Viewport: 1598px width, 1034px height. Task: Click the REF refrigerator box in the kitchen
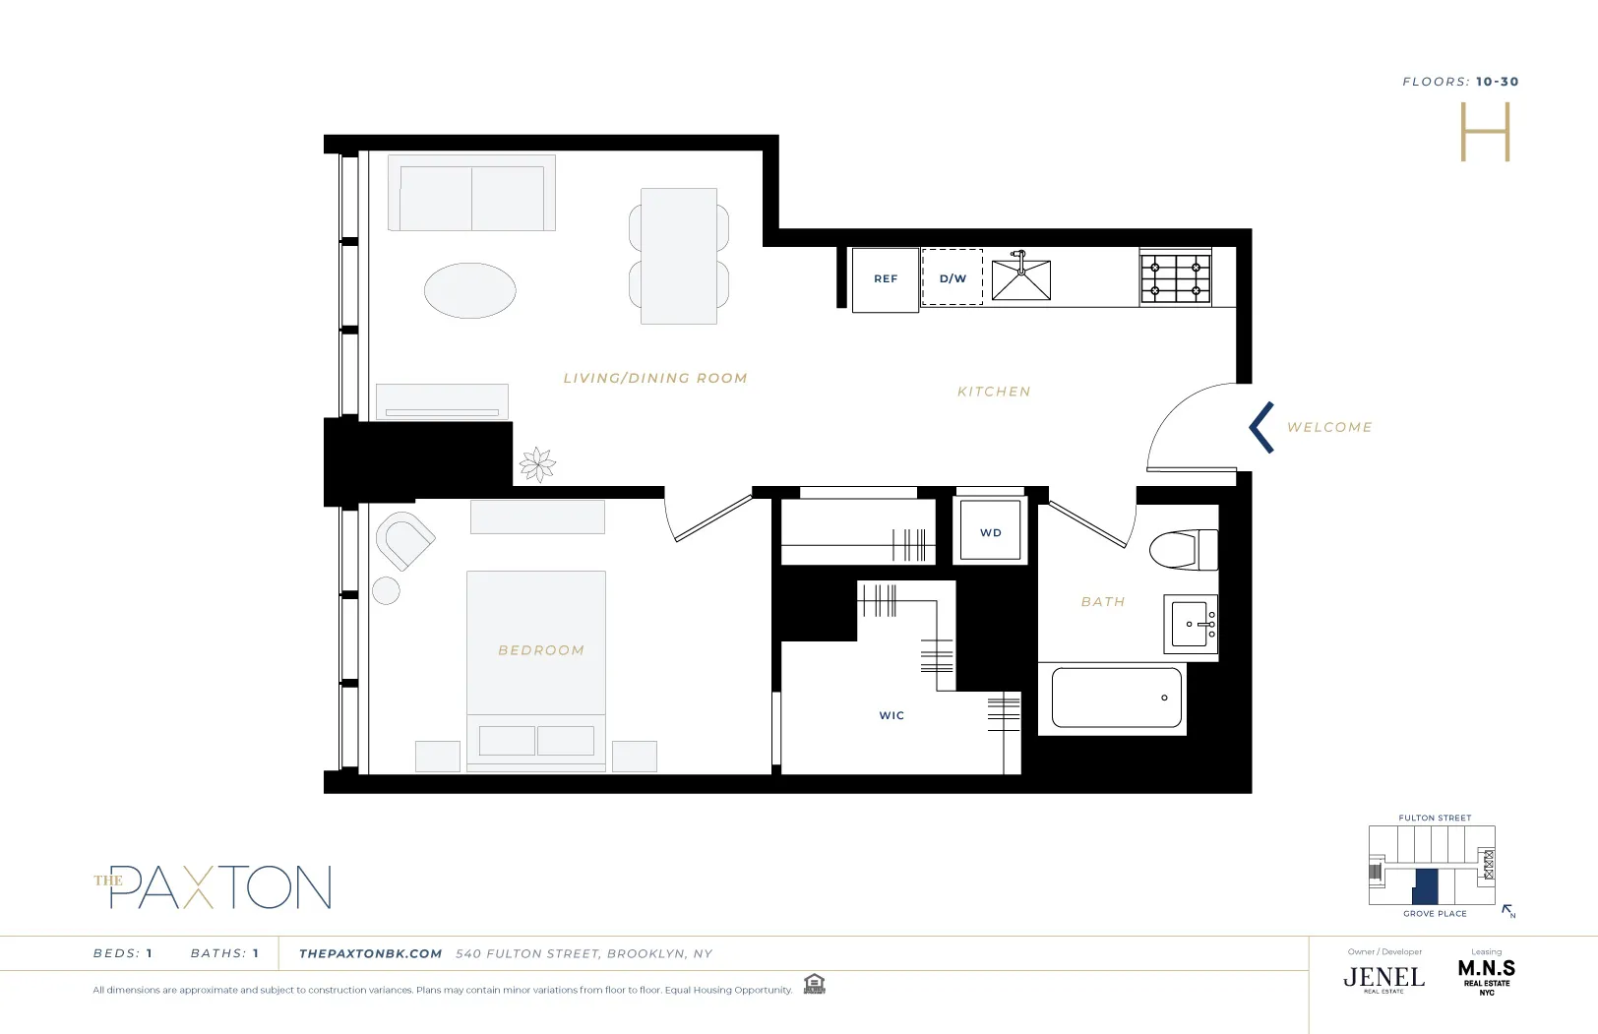tap(885, 279)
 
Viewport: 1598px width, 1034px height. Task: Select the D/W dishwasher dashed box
tap(952, 277)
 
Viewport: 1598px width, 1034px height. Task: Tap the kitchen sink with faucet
tap(1020, 279)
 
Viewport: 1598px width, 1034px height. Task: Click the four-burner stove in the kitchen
tap(1175, 278)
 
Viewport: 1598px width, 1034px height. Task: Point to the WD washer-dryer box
tap(990, 531)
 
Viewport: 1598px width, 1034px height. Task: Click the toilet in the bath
tap(1185, 550)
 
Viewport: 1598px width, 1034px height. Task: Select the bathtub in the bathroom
tap(1116, 698)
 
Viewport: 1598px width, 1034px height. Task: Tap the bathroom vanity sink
tap(1191, 624)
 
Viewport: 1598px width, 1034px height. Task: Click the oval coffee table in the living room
tap(469, 290)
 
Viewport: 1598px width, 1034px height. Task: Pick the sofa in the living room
tap(471, 194)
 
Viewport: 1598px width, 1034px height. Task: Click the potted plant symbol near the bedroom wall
tap(537, 463)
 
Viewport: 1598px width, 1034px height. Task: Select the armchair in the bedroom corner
tap(403, 539)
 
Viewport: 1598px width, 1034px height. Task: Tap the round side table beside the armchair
tap(386, 590)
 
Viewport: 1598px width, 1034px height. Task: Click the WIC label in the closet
tap(891, 715)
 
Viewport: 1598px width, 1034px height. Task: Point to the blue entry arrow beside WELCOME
tap(1261, 427)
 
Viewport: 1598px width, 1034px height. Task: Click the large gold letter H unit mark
tap(1484, 133)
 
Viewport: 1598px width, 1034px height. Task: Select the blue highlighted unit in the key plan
tap(1425, 886)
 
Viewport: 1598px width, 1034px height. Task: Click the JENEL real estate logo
tap(1383, 977)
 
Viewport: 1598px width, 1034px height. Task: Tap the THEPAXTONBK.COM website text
tap(370, 953)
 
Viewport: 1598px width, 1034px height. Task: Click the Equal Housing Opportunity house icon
tap(814, 984)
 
